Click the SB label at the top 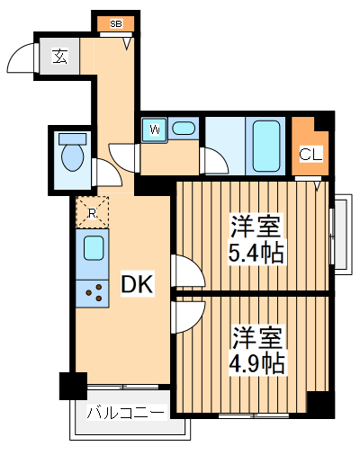coord(115,23)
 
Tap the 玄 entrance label coord(59,58)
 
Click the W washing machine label coord(155,129)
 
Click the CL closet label coord(309,154)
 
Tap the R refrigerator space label coord(92,212)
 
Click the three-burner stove coord(92,291)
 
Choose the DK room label coord(138,285)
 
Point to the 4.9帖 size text coord(257,364)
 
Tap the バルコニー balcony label coord(126,414)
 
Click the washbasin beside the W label coord(184,129)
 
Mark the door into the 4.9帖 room coord(184,315)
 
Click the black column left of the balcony coord(72,386)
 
